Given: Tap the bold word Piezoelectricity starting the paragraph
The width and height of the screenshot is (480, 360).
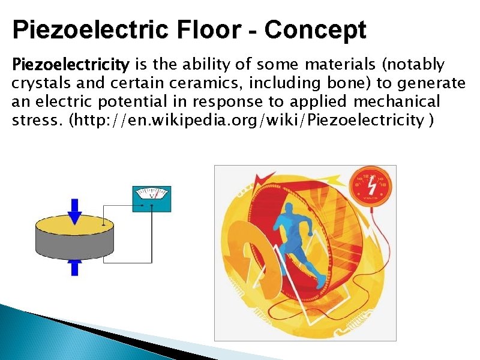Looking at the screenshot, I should coord(71,64).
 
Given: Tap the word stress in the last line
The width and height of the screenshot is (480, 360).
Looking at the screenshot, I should coord(37,120).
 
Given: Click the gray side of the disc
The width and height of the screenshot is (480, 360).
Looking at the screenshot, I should coord(75,246).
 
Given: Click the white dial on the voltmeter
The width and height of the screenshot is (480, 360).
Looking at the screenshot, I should coord(151,194).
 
